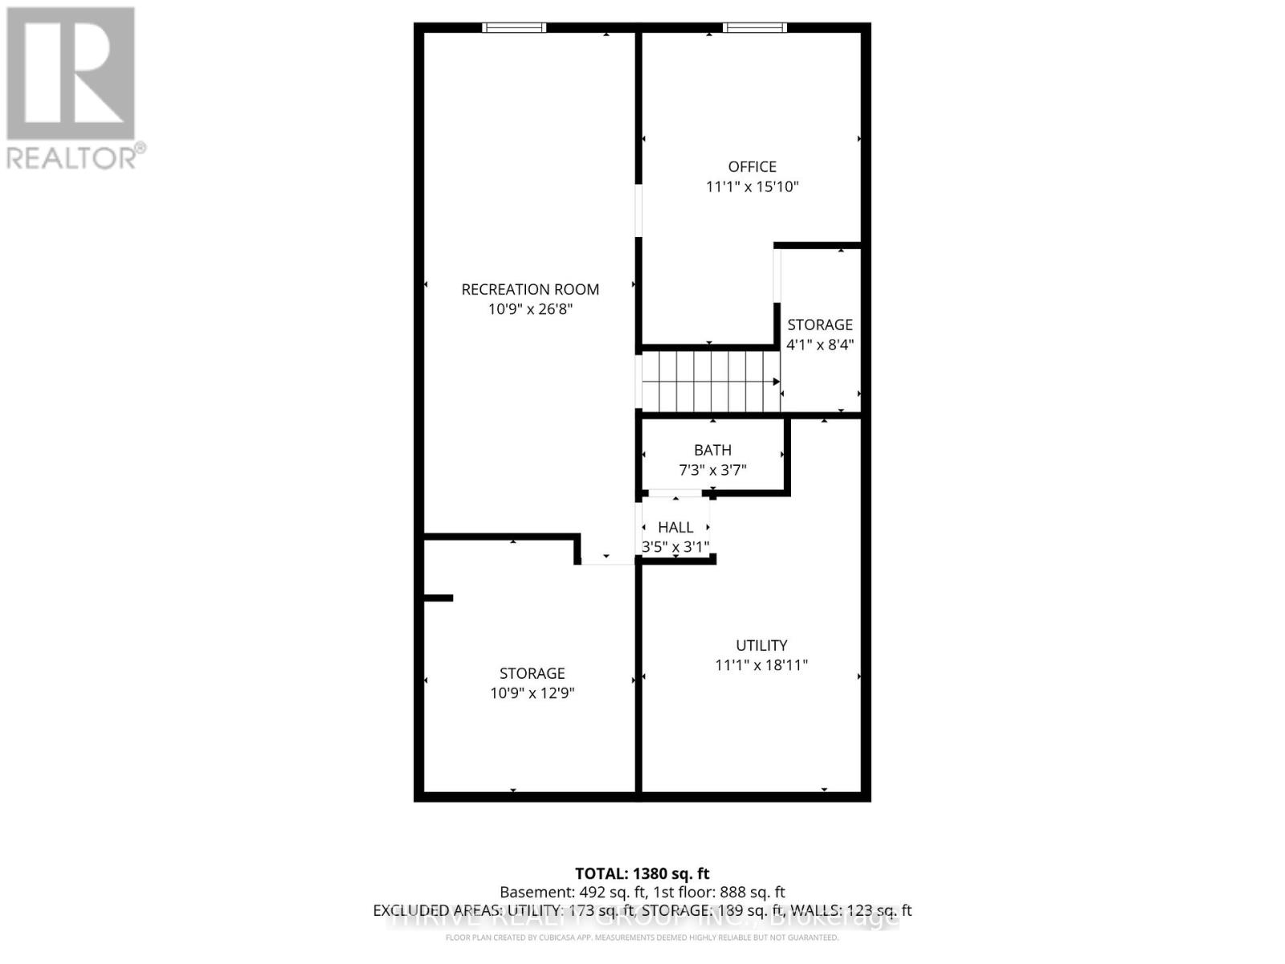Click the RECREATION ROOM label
point(530,289)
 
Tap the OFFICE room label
point(752,167)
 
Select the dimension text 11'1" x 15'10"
point(752,187)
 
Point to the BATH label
point(712,451)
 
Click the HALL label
point(675,528)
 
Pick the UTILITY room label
point(761,645)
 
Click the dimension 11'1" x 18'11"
point(761,665)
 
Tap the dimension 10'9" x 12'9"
point(532,693)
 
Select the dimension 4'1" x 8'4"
point(819,345)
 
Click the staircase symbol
point(710,382)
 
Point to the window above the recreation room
point(514,28)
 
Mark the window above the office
point(754,28)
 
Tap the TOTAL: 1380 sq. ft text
point(642,873)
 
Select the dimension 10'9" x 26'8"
point(530,309)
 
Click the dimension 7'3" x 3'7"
point(712,470)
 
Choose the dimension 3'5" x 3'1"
point(675,547)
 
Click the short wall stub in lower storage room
point(439,598)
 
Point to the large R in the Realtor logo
point(71,74)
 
